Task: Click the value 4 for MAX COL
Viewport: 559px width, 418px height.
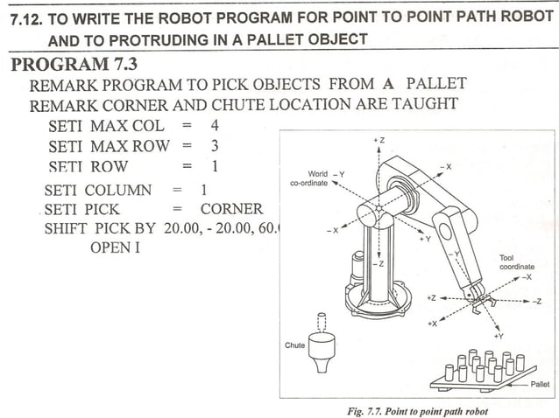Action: point(214,125)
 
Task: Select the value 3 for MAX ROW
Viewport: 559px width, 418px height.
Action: point(214,145)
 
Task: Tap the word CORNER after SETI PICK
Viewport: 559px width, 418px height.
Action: point(231,209)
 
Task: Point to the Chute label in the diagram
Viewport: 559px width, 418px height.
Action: point(295,345)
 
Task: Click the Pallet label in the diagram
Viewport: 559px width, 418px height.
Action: point(541,383)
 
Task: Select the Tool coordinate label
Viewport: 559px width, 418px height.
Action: point(516,262)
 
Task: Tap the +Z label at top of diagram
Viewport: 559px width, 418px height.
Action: point(379,140)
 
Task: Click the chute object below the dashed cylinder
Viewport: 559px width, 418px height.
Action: point(322,349)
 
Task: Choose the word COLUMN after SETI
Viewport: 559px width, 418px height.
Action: point(118,190)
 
